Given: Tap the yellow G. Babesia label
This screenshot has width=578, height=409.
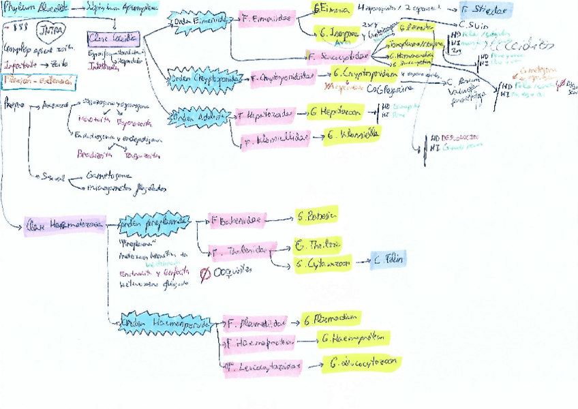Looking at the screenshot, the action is pos(316,215).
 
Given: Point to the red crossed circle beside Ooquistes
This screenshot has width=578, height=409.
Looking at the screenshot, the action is pos(205,274).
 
